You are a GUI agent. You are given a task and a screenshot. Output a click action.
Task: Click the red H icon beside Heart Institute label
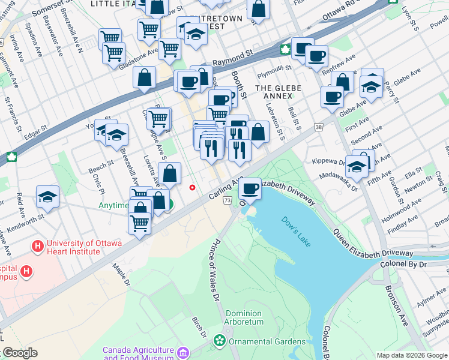pos(38,246)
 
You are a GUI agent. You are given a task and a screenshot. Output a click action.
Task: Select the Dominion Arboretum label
pos(244,317)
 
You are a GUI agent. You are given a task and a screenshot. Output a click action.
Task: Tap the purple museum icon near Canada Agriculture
pos(183,350)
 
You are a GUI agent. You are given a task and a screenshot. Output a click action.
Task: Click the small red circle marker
pos(192,187)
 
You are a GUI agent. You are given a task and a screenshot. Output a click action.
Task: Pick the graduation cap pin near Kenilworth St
pos(47,197)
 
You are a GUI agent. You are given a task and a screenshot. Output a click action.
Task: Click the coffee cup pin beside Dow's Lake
pos(249,189)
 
